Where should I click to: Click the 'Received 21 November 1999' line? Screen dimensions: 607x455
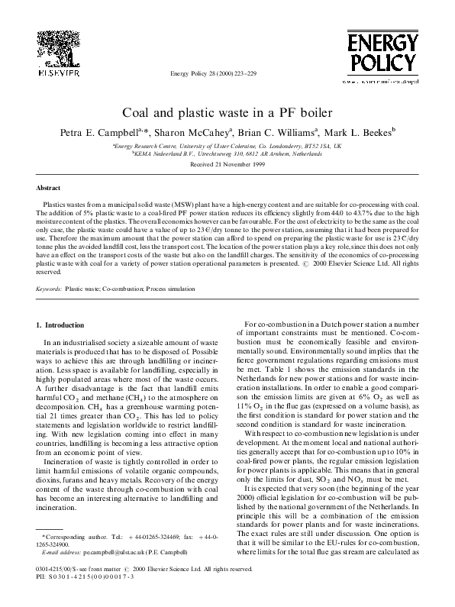(227, 164)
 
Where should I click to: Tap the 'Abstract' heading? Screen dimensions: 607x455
(49, 187)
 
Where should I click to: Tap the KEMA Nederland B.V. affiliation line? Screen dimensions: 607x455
(227, 153)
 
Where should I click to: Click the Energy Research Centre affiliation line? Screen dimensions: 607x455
(227, 144)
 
